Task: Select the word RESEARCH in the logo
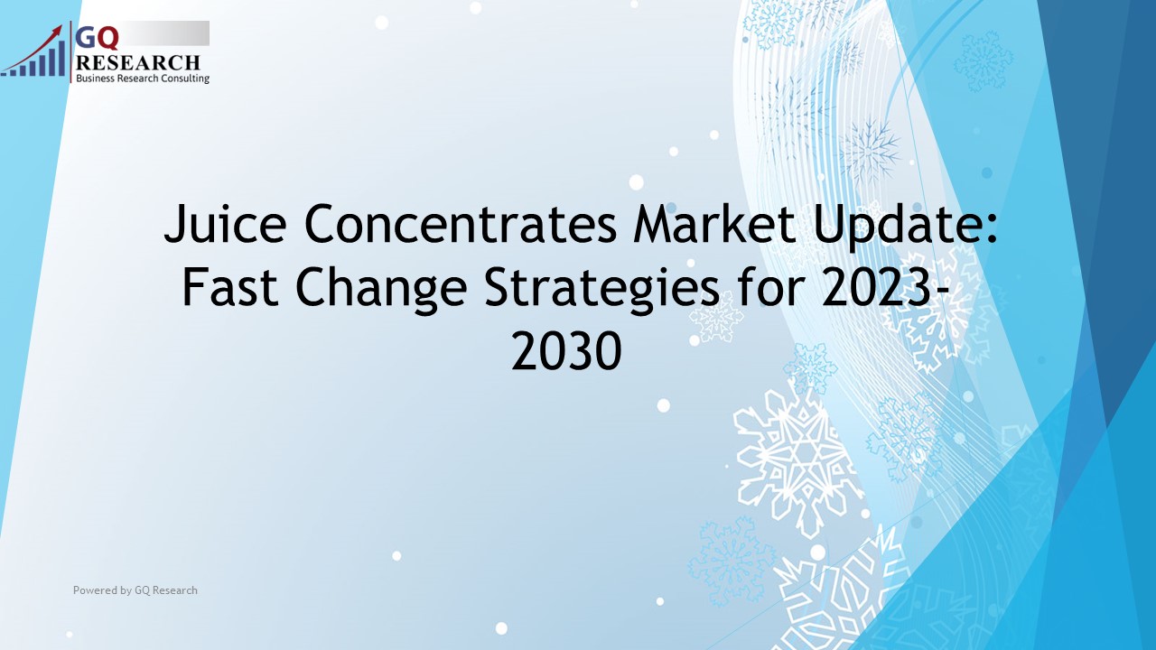pyautogui.click(x=138, y=62)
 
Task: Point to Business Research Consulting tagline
pyautogui.click(x=143, y=79)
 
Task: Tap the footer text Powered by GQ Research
pyautogui.click(x=135, y=590)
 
